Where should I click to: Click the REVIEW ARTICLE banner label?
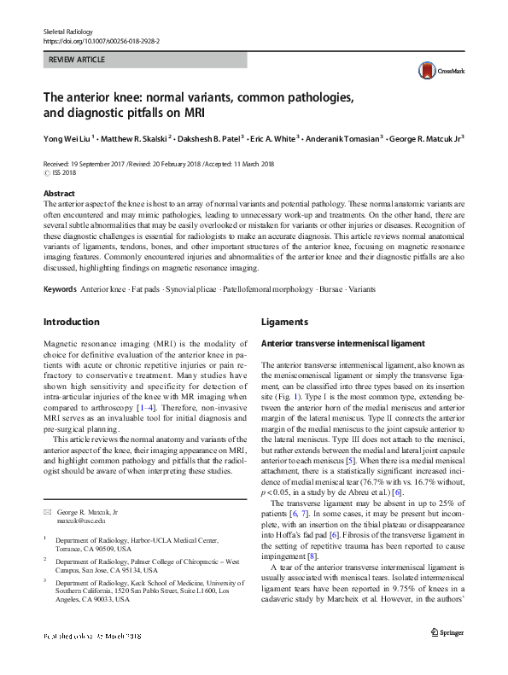(x=77, y=61)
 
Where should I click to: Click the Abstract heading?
(x=59, y=194)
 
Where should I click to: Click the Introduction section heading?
(x=72, y=322)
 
